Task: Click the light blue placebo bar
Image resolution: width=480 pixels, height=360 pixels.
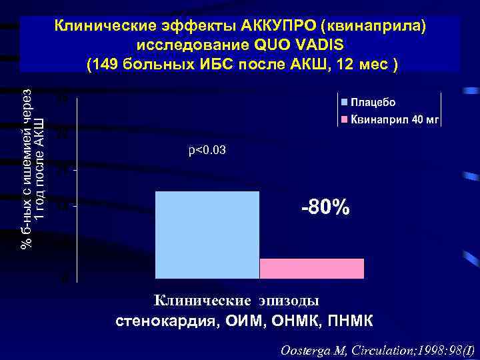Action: tap(207, 234)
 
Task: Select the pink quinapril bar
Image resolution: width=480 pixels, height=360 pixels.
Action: tap(311, 268)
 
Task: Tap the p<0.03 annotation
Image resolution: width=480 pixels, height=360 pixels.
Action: tap(207, 151)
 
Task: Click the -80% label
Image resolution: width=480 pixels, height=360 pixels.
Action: tap(325, 207)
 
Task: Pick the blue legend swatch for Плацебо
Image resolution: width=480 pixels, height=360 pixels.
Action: tap(345, 103)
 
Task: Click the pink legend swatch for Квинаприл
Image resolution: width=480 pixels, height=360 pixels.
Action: tap(345, 120)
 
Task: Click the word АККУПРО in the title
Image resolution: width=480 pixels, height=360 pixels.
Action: tap(280, 26)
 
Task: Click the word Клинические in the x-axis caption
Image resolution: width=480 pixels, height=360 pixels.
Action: tap(200, 301)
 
